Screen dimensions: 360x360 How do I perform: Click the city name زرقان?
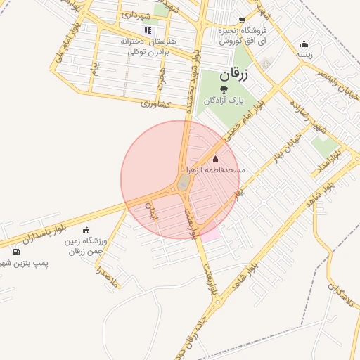tap(233, 73)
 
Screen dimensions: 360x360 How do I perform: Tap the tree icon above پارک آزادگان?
tap(224, 89)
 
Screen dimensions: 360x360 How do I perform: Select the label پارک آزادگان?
tap(223, 101)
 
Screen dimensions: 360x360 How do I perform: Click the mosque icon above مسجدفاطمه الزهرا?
tap(215, 158)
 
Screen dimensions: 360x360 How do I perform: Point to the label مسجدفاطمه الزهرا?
tap(215, 170)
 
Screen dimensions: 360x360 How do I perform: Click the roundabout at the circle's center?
tap(182, 184)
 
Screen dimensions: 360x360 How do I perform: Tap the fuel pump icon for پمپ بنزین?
tap(16, 252)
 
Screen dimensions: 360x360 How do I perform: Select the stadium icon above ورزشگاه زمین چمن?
tap(86, 230)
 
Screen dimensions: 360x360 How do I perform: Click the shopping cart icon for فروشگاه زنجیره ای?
tap(242, 20)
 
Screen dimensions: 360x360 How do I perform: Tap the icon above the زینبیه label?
tap(304, 44)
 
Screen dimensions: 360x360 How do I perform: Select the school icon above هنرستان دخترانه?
tap(148, 30)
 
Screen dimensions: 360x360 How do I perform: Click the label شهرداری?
tap(136, 14)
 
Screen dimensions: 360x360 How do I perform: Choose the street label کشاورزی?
tap(156, 104)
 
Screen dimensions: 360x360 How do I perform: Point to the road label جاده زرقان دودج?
tap(190, 337)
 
